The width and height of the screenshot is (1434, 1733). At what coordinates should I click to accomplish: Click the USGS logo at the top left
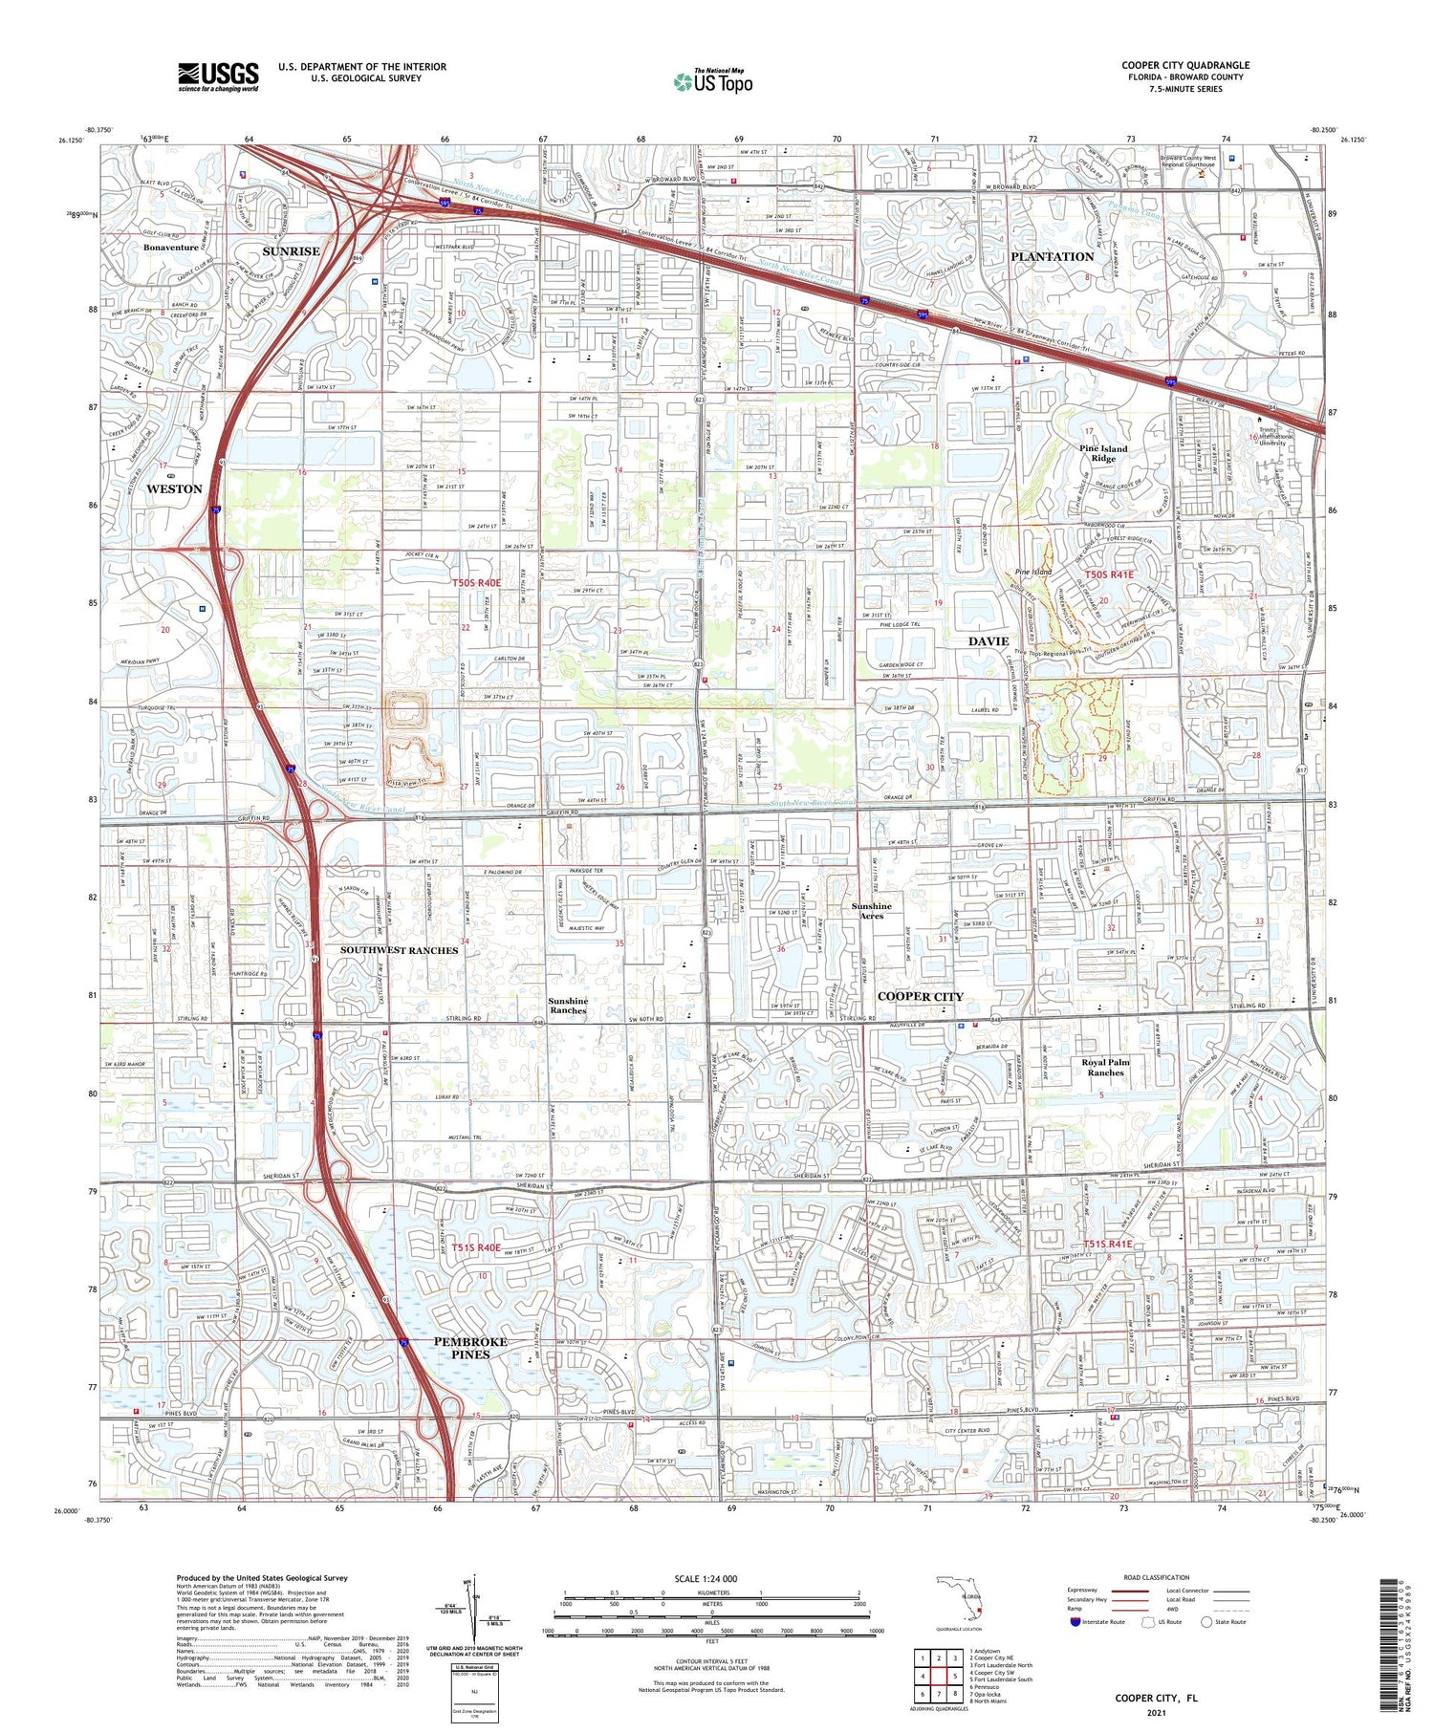tap(218, 76)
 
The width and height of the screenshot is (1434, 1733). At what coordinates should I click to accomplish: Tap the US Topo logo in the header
tap(712, 82)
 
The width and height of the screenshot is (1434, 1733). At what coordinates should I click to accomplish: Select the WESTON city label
tap(174, 488)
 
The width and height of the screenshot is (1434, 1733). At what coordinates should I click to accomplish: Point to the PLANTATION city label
tap(1052, 256)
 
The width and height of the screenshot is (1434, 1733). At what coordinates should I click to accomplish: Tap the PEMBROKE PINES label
tap(470, 1347)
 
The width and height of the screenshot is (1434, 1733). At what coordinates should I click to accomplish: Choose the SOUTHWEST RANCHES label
tap(399, 950)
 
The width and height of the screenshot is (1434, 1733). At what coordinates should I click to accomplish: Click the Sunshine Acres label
tap(871, 910)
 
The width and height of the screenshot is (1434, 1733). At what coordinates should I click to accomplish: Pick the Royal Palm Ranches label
tap(1105, 1067)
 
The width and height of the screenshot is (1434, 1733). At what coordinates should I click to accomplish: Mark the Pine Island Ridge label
tap(1103, 453)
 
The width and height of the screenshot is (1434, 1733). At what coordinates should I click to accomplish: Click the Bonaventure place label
tap(171, 248)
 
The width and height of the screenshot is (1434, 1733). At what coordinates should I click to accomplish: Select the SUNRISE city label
tap(291, 250)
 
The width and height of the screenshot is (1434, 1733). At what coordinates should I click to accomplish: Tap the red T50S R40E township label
tap(476, 581)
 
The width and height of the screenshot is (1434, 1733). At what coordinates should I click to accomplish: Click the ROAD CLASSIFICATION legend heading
tap(1157, 1577)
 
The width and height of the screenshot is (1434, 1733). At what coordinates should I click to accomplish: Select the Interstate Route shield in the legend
tap(1075, 1622)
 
